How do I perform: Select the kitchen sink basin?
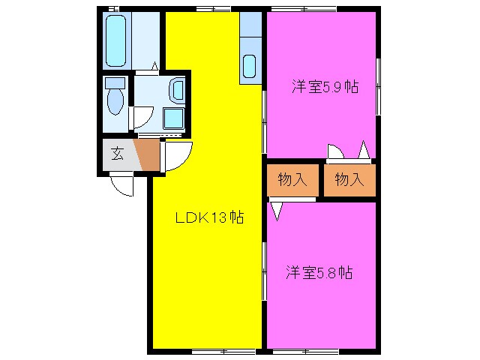pos(250,68)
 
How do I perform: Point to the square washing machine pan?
pos(173,118)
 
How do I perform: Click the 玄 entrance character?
pos(118,154)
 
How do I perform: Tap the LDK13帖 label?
pos(209,218)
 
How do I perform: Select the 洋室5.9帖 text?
pos(325,86)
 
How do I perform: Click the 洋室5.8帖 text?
pos(319,272)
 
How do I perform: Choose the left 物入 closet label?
pos(292,179)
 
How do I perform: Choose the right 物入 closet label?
pos(349,179)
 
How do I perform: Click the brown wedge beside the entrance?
pos(148,154)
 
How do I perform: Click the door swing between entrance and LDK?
pos(178,155)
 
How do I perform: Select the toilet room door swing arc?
pos(142,117)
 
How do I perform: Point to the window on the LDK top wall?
pos(213,8)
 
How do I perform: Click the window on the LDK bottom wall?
pos(213,351)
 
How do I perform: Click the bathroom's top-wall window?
pos(112,8)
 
